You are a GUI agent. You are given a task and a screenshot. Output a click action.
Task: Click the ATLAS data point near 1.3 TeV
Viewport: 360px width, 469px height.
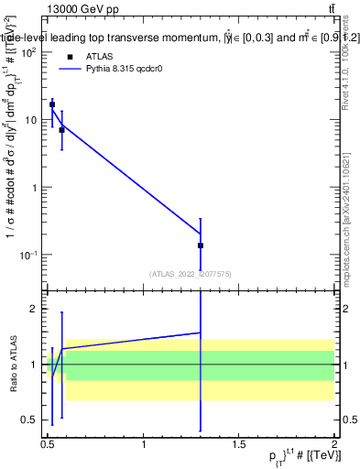coord(200,245)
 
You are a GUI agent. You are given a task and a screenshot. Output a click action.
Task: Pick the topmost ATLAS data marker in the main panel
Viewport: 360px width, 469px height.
coord(52,104)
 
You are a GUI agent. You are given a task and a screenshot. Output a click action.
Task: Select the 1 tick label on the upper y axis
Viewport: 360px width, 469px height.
coord(35,187)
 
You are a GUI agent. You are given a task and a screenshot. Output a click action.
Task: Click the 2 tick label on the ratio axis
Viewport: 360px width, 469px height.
coord(34,310)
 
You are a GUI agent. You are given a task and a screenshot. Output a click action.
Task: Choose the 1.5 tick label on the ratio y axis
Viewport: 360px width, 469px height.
coord(29,337)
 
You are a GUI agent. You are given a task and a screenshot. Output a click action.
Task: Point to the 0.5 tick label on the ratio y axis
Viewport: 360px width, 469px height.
coord(29,420)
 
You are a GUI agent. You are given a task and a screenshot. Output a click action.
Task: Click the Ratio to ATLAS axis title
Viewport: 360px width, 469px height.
coord(12,365)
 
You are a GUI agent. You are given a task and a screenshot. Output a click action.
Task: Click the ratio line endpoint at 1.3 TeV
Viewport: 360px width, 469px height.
coord(200,333)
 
